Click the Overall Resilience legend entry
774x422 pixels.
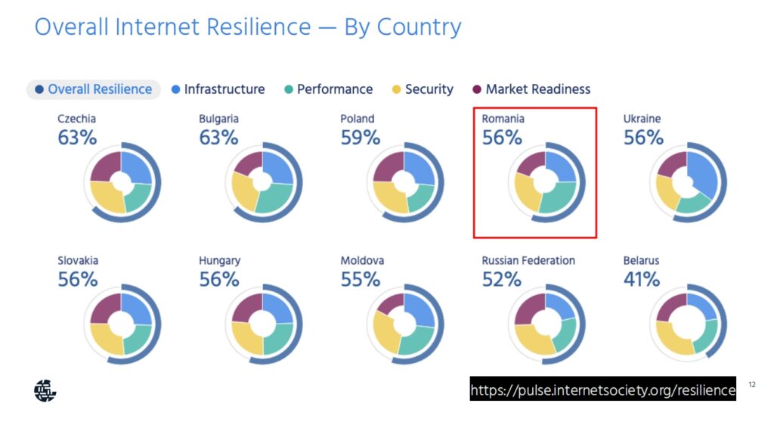[94, 89]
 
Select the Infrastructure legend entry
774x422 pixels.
[218, 89]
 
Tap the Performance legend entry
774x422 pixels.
[329, 89]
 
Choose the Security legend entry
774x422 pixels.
[423, 89]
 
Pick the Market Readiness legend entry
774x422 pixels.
[531, 89]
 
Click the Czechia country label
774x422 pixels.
[76, 119]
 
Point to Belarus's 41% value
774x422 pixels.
[641, 280]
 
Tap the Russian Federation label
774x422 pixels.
[528, 260]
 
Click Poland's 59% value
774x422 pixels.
[361, 138]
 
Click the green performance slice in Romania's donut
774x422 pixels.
[559, 197]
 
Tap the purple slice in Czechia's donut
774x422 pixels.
[106, 166]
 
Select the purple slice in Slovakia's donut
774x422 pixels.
[106, 309]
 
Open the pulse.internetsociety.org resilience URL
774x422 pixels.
[602, 390]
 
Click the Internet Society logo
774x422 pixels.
[45, 391]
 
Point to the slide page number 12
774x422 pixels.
[752, 384]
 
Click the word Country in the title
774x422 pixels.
[419, 27]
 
